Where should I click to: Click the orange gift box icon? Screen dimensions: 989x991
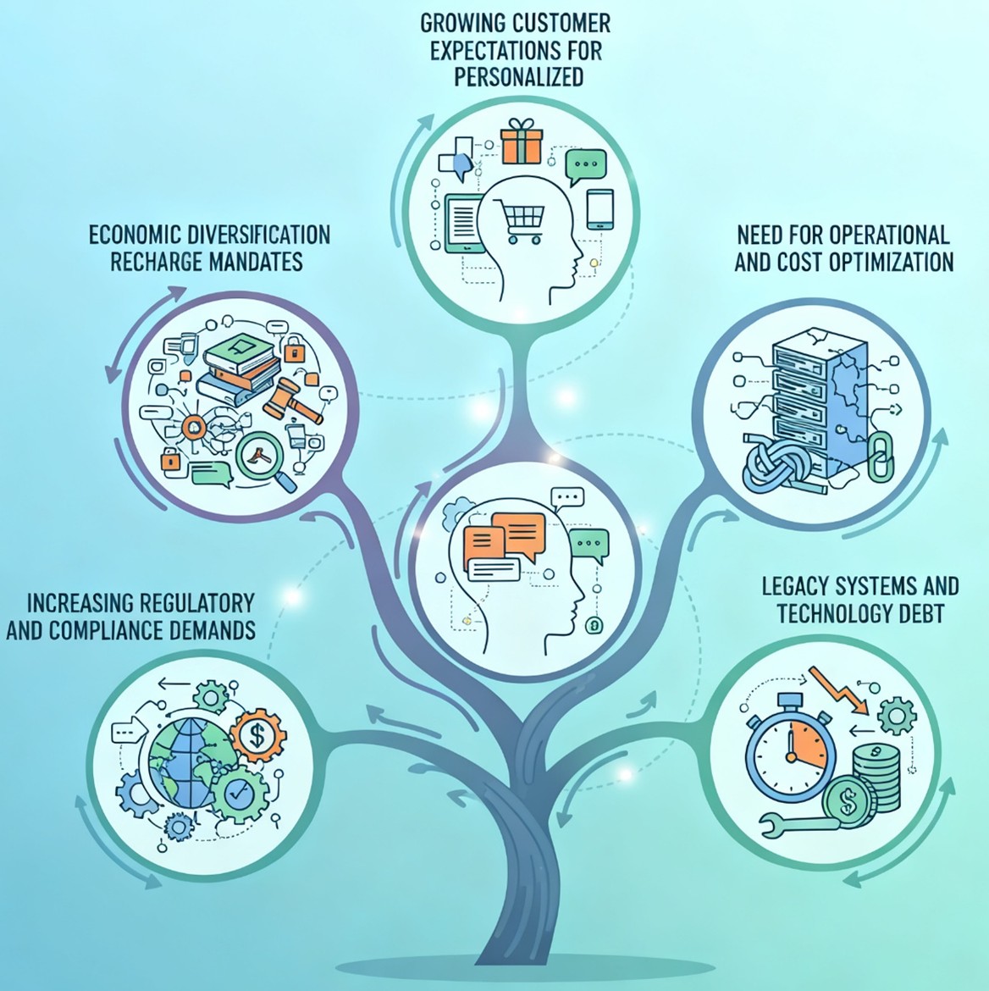tap(520, 141)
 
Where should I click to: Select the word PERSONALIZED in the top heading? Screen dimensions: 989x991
tap(518, 76)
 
